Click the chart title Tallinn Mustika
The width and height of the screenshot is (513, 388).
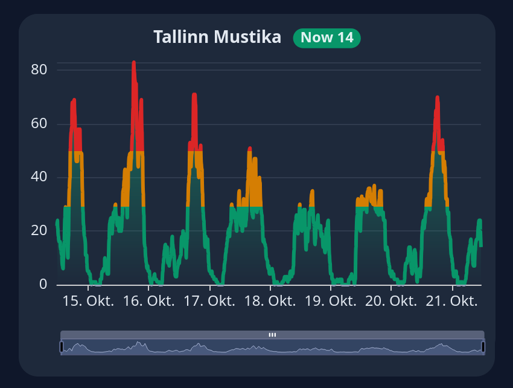tap(217, 37)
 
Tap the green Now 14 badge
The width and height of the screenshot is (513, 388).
tap(327, 37)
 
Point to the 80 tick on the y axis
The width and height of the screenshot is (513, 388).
tap(39, 70)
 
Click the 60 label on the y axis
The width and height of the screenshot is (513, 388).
tap(39, 124)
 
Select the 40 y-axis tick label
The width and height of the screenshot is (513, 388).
tap(39, 177)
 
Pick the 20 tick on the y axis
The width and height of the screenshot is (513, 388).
tap(39, 230)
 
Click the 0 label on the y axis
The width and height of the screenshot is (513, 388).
tap(43, 284)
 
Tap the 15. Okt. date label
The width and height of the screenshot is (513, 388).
tap(88, 301)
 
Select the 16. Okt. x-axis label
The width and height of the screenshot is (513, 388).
tap(148, 301)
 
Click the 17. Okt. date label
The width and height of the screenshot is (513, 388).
tap(209, 301)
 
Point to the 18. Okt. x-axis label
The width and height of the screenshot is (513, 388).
tap(270, 301)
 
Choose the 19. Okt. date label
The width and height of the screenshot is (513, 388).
tap(331, 301)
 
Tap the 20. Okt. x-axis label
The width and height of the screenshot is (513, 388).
tap(391, 301)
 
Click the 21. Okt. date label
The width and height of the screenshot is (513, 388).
tap(452, 301)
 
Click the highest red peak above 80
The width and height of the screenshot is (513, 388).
tap(133, 63)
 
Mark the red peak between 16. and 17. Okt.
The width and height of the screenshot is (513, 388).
tap(194, 95)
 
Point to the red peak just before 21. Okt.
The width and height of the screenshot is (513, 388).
tap(437, 98)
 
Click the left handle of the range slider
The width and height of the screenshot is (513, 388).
tap(61, 347)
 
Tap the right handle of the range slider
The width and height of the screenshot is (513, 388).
tap(483, 347)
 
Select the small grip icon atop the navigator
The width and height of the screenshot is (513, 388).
tap(272, 334)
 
